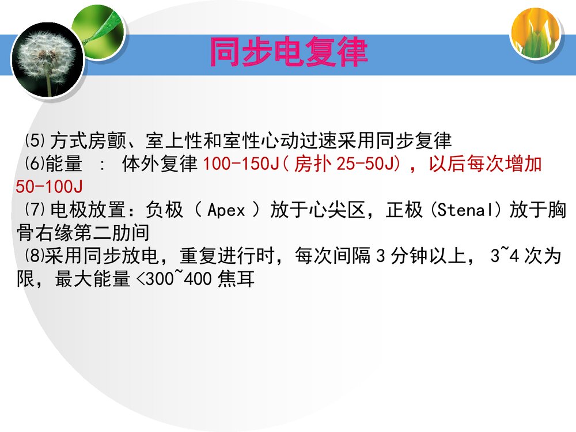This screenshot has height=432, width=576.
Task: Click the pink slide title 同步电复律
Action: coord(287,53)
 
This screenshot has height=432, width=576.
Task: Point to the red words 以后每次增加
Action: coord(485,164)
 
